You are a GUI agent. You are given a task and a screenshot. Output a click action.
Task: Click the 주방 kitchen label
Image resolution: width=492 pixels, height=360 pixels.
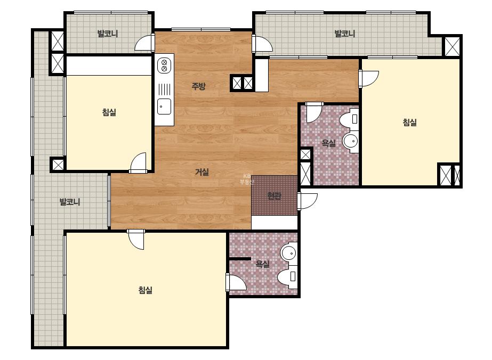pos(199,86)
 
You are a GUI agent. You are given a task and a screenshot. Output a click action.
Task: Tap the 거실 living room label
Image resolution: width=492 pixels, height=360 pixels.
pos(202,172)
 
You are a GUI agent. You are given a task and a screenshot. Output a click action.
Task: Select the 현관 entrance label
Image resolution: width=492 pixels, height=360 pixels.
pos(274,196)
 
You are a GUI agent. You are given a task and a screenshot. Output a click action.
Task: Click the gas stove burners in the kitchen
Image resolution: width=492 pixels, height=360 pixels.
pos(164,66)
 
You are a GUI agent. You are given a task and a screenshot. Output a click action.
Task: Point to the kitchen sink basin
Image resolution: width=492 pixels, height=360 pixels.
pos(164,107)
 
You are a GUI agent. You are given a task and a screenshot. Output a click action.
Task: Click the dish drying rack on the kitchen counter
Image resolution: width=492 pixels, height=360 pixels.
pos(164,89)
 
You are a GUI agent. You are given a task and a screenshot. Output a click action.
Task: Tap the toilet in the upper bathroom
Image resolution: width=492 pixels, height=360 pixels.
pos(350,119)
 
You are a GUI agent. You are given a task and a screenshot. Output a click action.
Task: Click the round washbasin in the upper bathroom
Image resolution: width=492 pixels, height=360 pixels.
pos(351,142)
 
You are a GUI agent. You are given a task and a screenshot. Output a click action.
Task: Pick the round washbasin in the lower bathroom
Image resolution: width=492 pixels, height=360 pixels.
pos(288,252)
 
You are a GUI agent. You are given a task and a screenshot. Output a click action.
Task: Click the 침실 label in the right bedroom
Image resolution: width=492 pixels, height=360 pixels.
pos(410,122)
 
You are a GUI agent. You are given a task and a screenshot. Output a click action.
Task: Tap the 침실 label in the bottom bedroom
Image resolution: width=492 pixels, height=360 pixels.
pos(146,290)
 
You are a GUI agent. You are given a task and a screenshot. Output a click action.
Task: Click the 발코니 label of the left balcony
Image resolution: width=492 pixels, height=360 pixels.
pos(70,202)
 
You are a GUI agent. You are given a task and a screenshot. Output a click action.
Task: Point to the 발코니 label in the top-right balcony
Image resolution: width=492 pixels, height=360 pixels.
pos(344,34)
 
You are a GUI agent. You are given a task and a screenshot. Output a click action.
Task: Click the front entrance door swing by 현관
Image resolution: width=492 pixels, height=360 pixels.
pos(308,201)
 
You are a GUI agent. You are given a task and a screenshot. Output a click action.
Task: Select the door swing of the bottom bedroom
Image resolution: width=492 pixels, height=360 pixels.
pos(136,240)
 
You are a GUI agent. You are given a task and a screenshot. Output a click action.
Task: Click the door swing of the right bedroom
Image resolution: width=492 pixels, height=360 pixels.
pos(369,78)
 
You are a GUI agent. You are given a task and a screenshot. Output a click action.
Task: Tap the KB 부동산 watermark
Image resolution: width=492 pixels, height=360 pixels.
pos(247,179)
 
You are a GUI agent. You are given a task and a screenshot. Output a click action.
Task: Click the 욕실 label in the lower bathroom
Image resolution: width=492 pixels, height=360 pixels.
pos(263,264)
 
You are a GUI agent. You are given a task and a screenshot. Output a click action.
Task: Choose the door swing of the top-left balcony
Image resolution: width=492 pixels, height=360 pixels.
pos(144,43)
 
